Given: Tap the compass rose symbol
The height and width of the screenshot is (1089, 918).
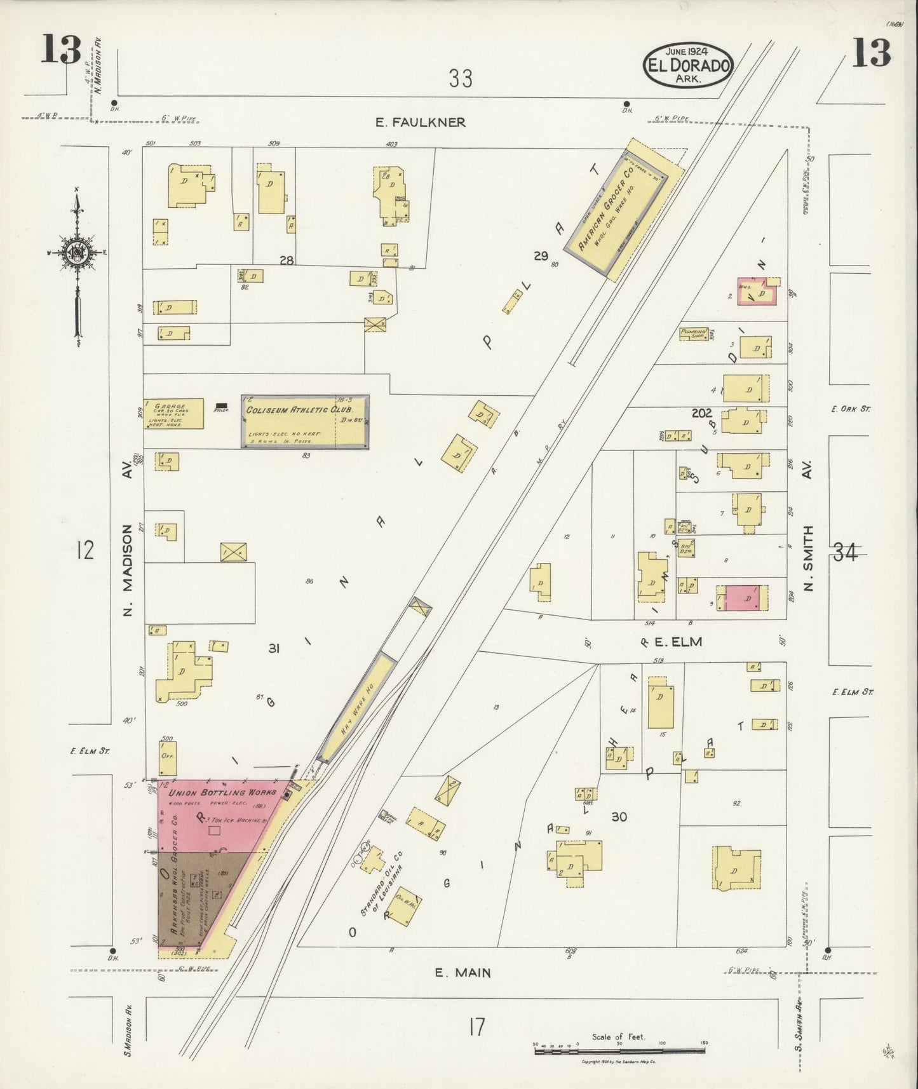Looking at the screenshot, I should (x=78, y=252).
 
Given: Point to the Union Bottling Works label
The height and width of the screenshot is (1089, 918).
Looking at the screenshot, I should (x=222, y=792).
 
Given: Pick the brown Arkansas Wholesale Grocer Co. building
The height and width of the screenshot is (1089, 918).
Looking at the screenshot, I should (x=191, y=896).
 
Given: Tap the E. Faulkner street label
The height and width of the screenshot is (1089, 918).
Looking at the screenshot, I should (x=420, y=122).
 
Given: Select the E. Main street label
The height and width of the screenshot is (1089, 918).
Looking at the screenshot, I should (x=462, y=972).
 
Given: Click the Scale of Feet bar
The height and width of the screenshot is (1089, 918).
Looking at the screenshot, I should (x=620, y=1052).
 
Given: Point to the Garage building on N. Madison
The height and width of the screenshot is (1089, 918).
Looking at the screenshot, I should (x=173, y=414).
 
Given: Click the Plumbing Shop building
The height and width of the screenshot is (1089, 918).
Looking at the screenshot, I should (x=693, y=333).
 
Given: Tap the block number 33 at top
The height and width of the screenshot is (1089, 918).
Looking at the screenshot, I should (x=461, y=79).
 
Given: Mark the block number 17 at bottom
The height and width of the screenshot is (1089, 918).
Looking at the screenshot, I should (x=476, y=1027).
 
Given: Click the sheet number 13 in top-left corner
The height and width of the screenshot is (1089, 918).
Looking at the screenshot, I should (x=61, y=50).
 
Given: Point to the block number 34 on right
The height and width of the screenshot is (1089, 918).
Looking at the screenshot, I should (x=845, y=553).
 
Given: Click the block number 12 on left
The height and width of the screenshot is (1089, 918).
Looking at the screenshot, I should (x=85, y=550).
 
